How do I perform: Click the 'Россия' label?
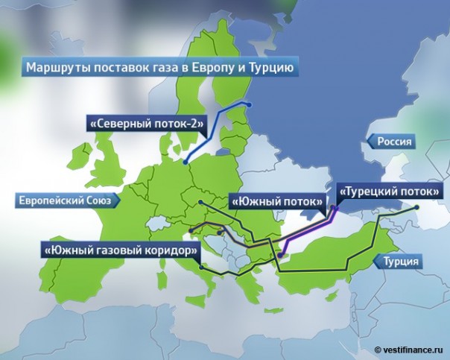[x=394, y=142]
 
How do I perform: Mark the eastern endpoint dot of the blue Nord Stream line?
[x=250, y=104]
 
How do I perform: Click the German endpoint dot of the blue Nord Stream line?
[x=184, y=158]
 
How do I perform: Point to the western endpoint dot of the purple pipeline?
[x=279, y=255]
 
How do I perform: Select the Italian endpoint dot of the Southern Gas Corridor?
[x=200, y=268]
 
